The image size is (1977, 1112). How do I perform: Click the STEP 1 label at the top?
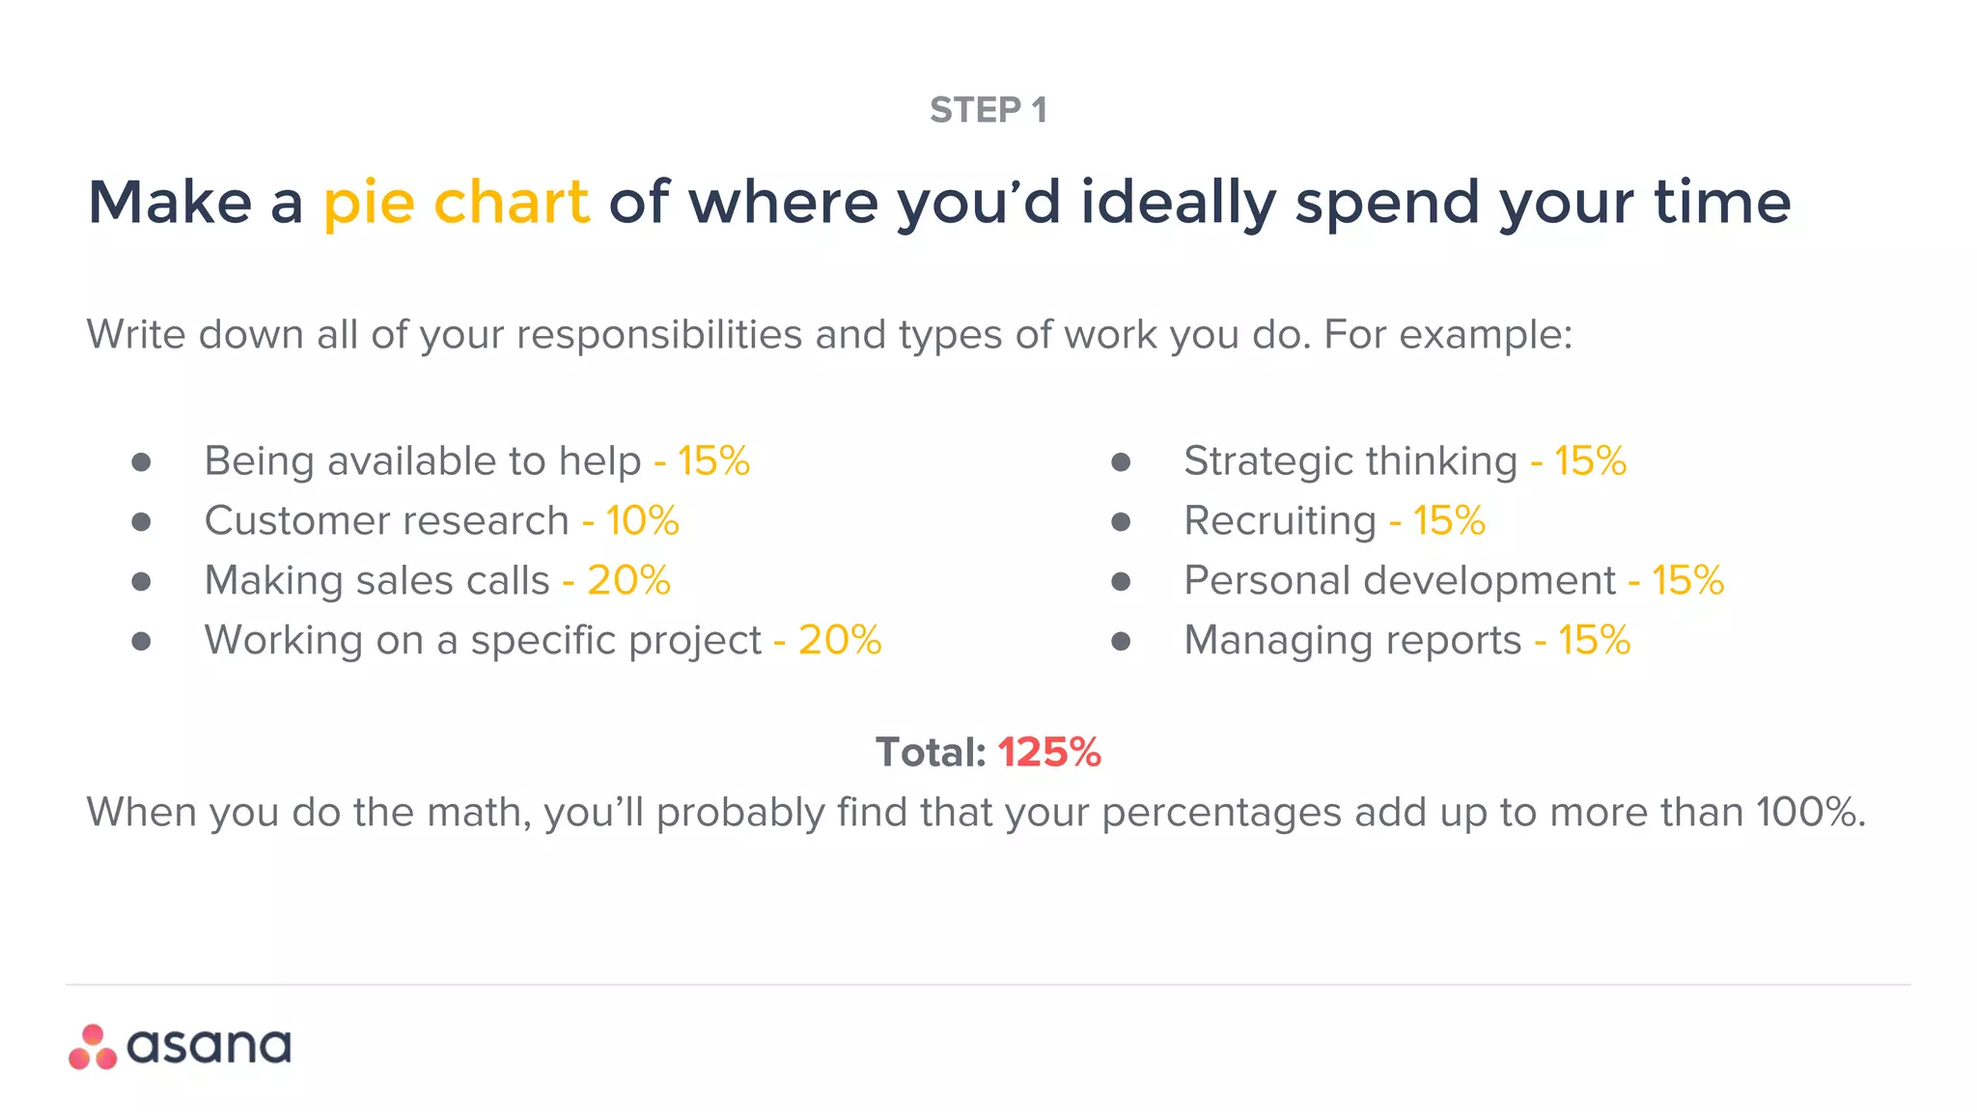click(x=988, y=111)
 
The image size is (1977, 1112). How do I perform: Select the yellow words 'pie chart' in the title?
click(x=456, y=203)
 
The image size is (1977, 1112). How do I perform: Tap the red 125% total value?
click(x=1049, y=753)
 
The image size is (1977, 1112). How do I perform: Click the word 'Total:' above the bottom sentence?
click(x=931, y=753)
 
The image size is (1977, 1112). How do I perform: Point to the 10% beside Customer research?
click(x=642, y=521)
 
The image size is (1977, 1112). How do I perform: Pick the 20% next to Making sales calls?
click(x=628, y=581)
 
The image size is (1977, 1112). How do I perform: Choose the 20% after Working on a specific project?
click(x=840, y=640)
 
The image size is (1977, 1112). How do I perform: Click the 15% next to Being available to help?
click(x=713, y=461)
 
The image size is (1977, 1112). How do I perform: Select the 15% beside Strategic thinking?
click(x=1590, y=461)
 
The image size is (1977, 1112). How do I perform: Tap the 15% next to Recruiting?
click(x=1449, y=521)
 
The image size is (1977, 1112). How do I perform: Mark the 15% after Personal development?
click(x=1687, y=581)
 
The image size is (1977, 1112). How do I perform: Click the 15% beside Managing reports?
click(x=1594, y=640)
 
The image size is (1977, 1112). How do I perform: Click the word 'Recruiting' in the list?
click(x=1280, y=521)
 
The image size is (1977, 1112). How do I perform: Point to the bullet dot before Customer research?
click(x=141, y=522)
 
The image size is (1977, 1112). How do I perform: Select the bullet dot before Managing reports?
click(x=1121, y=641)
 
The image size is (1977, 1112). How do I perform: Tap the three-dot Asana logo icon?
click(x=93, y=1047)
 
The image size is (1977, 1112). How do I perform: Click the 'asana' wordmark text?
click(x=209, y=1047)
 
